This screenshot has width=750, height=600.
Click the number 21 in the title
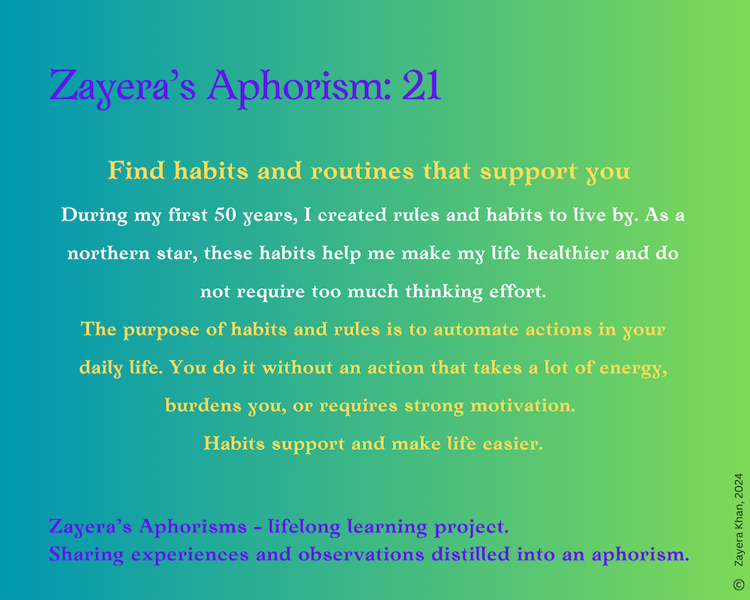coord(421,85)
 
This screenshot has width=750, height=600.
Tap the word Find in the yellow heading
coord(136,170)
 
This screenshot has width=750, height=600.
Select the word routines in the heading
coord(362,171)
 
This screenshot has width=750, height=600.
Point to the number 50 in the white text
coord(225,214)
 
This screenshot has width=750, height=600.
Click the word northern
coord(109,253)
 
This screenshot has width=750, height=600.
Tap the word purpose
coord(161,330)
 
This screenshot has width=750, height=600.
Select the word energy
coord(633,368)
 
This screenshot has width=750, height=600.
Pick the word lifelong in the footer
coord(304,526)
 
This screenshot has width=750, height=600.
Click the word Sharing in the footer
coord(86,555)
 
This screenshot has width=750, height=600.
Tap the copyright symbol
coord(739,584)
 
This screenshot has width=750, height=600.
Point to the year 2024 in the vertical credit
coord(739,485)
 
